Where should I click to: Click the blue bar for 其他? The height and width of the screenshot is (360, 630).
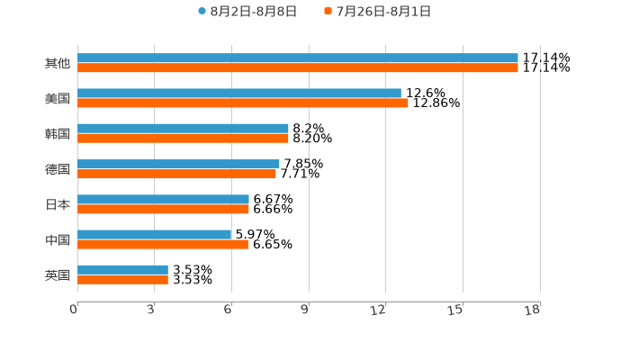click(297, 58)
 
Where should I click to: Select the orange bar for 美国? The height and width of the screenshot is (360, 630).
click(243, 103)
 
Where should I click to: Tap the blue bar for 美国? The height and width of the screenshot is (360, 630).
click(239, 93)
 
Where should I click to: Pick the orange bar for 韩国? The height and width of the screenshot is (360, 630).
click(183, 138)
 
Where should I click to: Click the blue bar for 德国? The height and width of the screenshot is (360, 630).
click(178, 164)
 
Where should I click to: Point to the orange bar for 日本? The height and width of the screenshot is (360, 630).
click(163, 209)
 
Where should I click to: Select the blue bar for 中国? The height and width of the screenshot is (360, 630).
click(154, 234)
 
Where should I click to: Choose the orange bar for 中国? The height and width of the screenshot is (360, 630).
click(162, 244)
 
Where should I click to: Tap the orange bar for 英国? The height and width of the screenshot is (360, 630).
click(122, 279)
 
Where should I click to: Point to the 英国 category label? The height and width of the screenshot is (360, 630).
click(58, 274)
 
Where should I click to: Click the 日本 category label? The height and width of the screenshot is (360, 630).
click(58, 204)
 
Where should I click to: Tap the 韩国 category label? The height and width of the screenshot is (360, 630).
click(58, 133)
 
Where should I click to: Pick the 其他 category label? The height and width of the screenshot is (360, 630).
click(58, 63)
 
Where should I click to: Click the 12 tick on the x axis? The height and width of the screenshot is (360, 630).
click(379, 310)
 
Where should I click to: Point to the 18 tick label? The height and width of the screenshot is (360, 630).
click(532, 310)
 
